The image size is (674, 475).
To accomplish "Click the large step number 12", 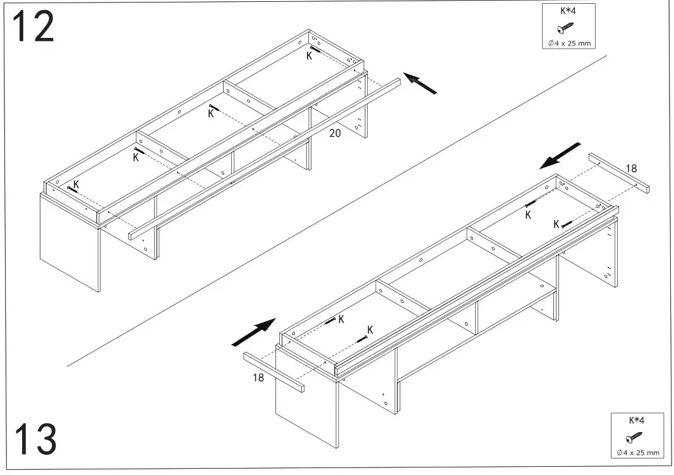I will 33,27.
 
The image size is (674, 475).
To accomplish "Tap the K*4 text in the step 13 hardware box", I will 636,420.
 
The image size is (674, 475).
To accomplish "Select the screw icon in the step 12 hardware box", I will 565,28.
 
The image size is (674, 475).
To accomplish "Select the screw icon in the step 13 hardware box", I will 634,437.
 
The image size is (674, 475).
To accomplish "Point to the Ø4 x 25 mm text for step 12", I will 569,43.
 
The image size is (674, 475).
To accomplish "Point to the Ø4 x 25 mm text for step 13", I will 637,452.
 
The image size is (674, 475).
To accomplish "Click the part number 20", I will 335,133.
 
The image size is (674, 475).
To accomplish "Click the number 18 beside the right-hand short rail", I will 632,168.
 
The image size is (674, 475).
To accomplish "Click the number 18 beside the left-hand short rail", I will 257,378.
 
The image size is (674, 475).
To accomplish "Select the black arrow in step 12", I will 421,83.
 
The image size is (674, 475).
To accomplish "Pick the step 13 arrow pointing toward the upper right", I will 254,332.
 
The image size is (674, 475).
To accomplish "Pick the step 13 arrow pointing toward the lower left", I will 560,156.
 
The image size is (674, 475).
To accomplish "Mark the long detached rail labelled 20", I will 265,158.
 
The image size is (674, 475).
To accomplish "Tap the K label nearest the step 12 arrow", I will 309,56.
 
